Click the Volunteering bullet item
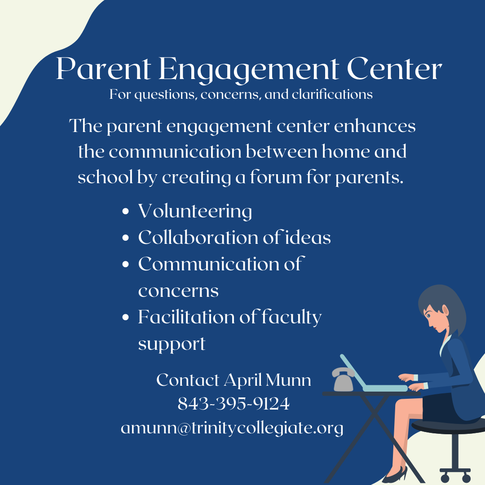click(x=194, y=211)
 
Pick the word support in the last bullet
click(x=172, y=344)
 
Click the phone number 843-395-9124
click(x=234, y=404)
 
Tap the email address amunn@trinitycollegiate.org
click(x=232, y=428)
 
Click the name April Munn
click(x=267, y=380)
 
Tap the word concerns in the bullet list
click(x=178, y=291)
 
